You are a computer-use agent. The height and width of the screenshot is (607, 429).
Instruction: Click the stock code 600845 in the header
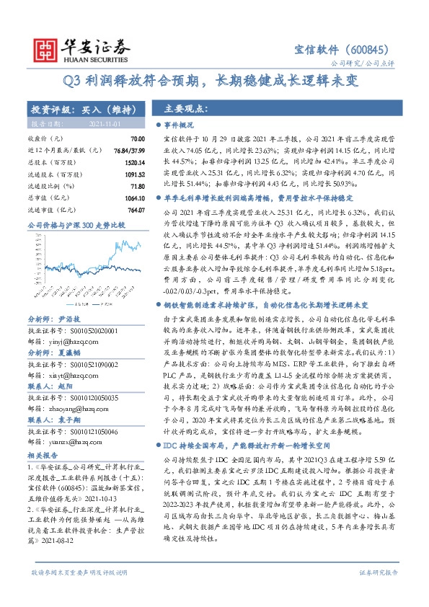pyautogui.click(x=367, y=50)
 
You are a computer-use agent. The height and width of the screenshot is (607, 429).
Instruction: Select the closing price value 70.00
pyautogui.click(x=138, y=138)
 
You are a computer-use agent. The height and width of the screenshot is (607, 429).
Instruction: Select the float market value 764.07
pyautogui.click(x=135, y=210)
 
